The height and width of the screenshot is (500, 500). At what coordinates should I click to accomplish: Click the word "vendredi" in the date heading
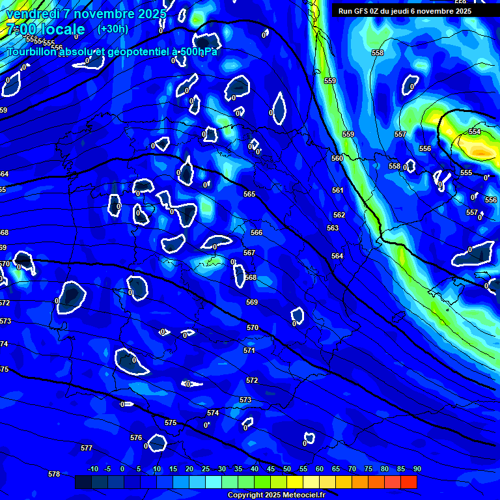coord(33,14)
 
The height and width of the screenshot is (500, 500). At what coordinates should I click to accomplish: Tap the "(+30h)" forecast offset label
coord(113,29)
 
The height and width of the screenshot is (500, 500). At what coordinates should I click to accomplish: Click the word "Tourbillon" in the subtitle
coord(32,51)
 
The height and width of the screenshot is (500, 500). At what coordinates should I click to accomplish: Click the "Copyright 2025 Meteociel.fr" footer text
coord(276,495)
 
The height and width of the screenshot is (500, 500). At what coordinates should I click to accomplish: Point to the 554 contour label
coord(475,132)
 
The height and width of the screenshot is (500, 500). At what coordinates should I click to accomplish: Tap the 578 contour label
coord(54,475)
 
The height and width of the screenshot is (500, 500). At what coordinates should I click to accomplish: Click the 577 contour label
coord(87,449)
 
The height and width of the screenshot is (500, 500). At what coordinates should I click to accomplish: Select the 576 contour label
coord(136,438)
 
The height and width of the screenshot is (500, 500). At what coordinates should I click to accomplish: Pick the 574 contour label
coord(213,413)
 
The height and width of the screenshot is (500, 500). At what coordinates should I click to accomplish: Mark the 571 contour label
coord(249,351)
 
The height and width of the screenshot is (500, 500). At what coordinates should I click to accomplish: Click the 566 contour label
coord(257,232)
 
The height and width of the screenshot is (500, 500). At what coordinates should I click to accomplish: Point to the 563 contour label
coord(333,229)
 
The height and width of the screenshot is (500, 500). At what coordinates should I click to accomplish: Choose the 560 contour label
coord(337,159)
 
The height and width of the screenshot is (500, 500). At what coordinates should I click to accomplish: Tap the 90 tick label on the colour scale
coord(417,469)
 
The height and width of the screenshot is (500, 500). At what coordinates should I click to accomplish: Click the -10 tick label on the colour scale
coord(92,469)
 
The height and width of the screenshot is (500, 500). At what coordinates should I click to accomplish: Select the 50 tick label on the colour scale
coord(287,469)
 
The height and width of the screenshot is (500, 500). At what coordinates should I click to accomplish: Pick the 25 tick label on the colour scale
coord(206,469)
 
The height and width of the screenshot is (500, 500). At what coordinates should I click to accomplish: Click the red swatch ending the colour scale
coord(409,482)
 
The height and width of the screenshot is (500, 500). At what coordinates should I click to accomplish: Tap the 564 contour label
coord(337,257)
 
